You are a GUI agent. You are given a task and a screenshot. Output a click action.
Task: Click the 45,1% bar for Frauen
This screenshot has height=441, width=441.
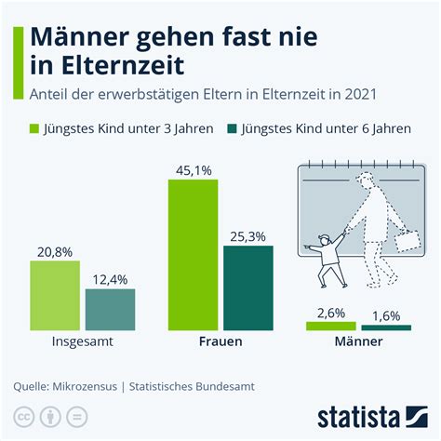pyautogui.click(x=193, y=255)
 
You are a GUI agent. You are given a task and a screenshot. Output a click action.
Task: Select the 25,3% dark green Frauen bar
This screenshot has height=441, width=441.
pyautogui.click(x=248, y=287)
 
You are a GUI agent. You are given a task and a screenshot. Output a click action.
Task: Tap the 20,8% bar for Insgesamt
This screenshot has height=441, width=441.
pyautogui.click(x=55, y=295)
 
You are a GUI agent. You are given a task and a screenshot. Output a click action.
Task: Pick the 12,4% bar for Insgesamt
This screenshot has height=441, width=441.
pyautogui.click(x=110, y=309)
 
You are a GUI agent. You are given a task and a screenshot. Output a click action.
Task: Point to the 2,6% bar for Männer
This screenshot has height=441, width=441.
pyautogui.click(x=331, y=326)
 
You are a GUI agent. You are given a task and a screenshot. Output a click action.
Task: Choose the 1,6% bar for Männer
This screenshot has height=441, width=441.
pyautogui.click(x=386, y=327)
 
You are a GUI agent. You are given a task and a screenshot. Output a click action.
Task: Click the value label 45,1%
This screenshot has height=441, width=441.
pyautogui.click(x=193, y=168)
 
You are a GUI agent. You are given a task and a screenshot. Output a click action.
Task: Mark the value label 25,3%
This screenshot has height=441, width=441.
pyautogui.click(x=248, y=234)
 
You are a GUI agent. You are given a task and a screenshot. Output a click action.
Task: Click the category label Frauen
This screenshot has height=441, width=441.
pyautogui.click(x=220, y=342)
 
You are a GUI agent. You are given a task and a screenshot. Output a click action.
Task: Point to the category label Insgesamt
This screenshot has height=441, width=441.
pyautogui.click(x=82, y=342)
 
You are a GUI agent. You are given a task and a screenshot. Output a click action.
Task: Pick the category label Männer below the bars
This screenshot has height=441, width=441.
pyautogui.click(x=358, y=342)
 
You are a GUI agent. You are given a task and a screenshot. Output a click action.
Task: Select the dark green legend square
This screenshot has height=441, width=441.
pyautogui.click(x=229, y=129)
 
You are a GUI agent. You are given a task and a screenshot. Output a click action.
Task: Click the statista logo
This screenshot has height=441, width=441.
pyautogui.click(x=371, y=412)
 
